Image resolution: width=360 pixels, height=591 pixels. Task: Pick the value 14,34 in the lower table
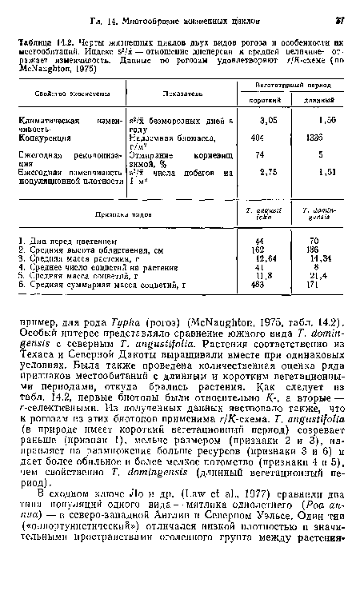(x=327, y=260)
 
